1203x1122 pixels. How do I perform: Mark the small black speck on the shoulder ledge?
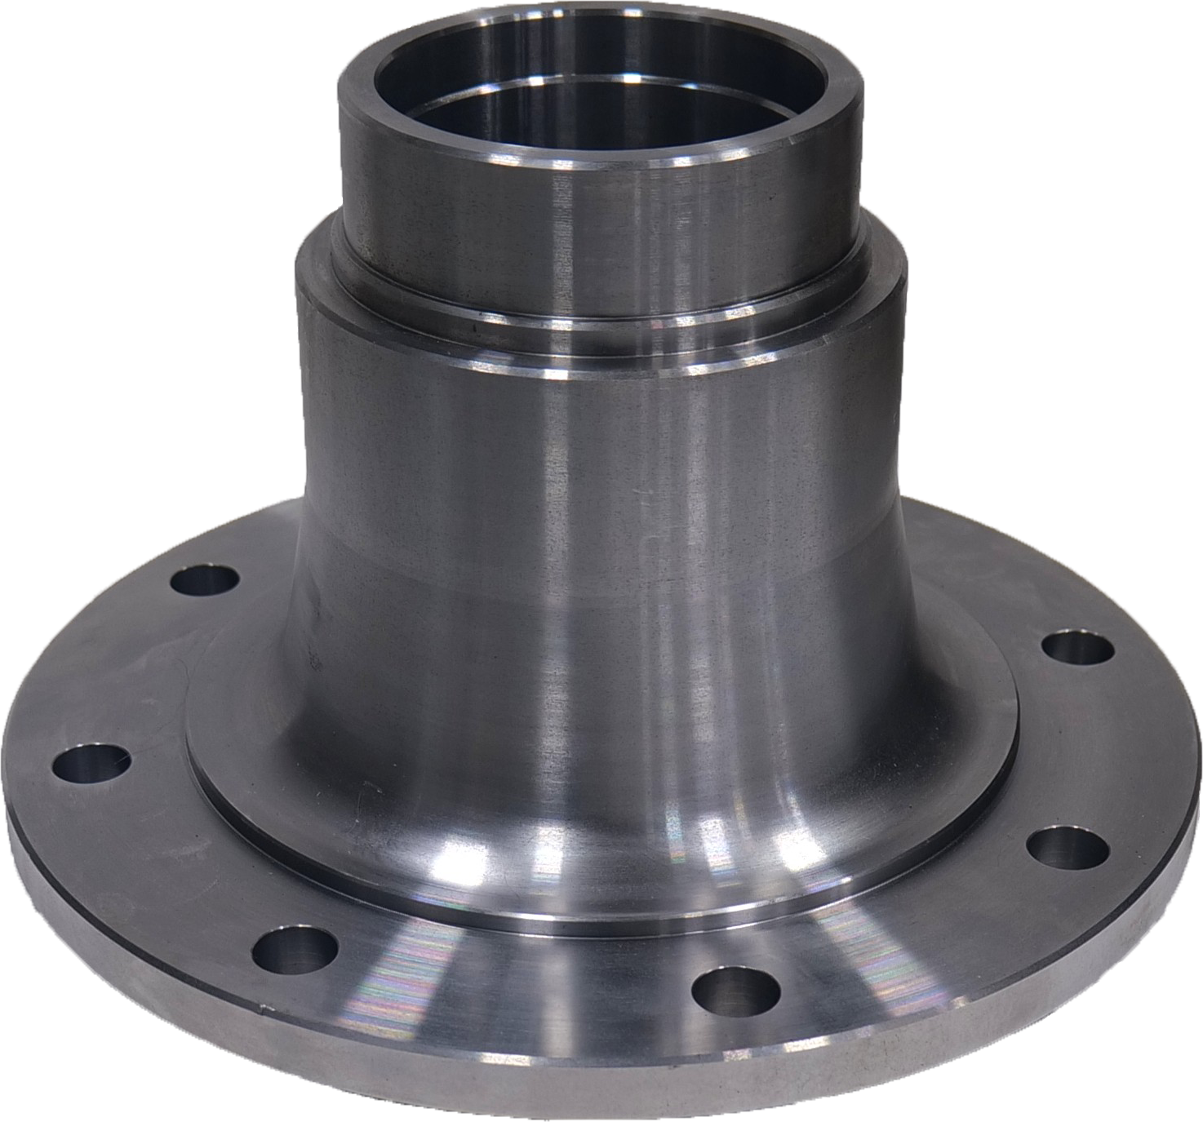point(472,329)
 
